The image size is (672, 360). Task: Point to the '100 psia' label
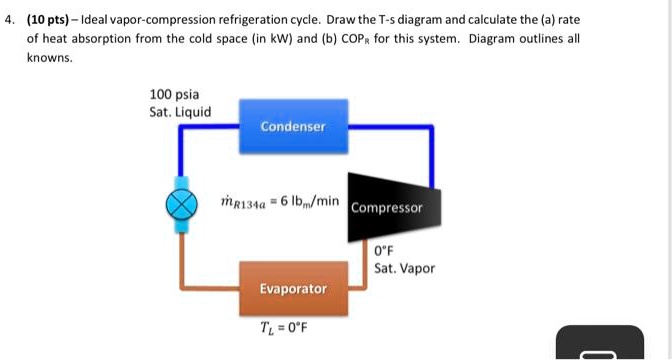(x=171, y=94)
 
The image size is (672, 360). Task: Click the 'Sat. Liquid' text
(x=180, y=112)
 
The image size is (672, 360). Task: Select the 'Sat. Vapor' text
(x=404, y=268)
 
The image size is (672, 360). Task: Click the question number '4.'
(x=10, y=20)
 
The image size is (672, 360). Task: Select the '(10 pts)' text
(x=50, y=20)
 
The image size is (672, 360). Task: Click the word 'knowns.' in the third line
(x=49, y=58)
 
